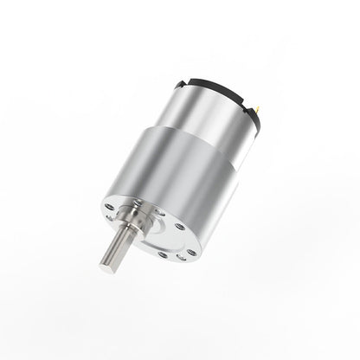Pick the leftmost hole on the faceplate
tap(110, 207)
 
